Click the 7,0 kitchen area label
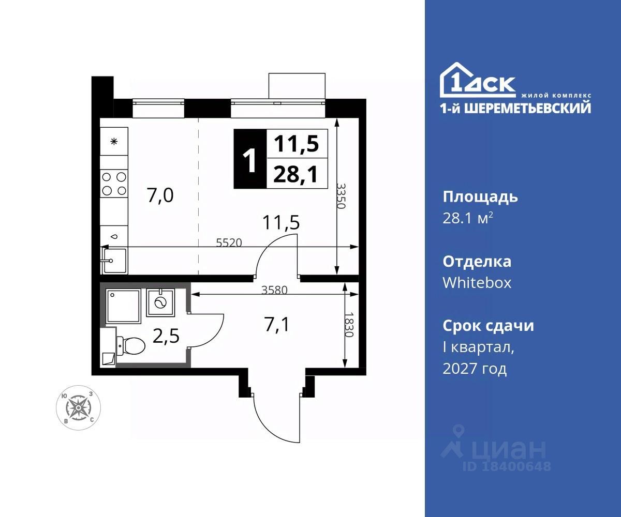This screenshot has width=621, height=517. point(160,196)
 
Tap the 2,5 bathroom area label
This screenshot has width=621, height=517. point(166,337)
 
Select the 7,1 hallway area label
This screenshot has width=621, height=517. point(276,325)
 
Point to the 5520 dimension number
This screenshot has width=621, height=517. point(229,243)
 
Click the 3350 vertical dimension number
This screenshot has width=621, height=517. point(341,196)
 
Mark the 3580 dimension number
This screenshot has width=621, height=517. point(274,290)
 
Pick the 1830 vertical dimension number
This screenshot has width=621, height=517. point(349,325)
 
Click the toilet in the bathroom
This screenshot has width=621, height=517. point(130,345)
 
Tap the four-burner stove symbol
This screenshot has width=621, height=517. point(114,184)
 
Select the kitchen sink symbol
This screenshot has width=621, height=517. point(114,261)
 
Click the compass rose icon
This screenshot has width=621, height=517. point(78,408)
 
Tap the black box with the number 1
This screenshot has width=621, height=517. point(250,159)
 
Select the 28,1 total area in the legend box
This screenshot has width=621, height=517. point(296,174)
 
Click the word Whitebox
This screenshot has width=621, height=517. point(477,283)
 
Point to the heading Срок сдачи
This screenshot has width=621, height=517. point(489,326)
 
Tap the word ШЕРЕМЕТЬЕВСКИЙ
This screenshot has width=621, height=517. point(527,109)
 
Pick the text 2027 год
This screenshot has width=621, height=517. point(475,369)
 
